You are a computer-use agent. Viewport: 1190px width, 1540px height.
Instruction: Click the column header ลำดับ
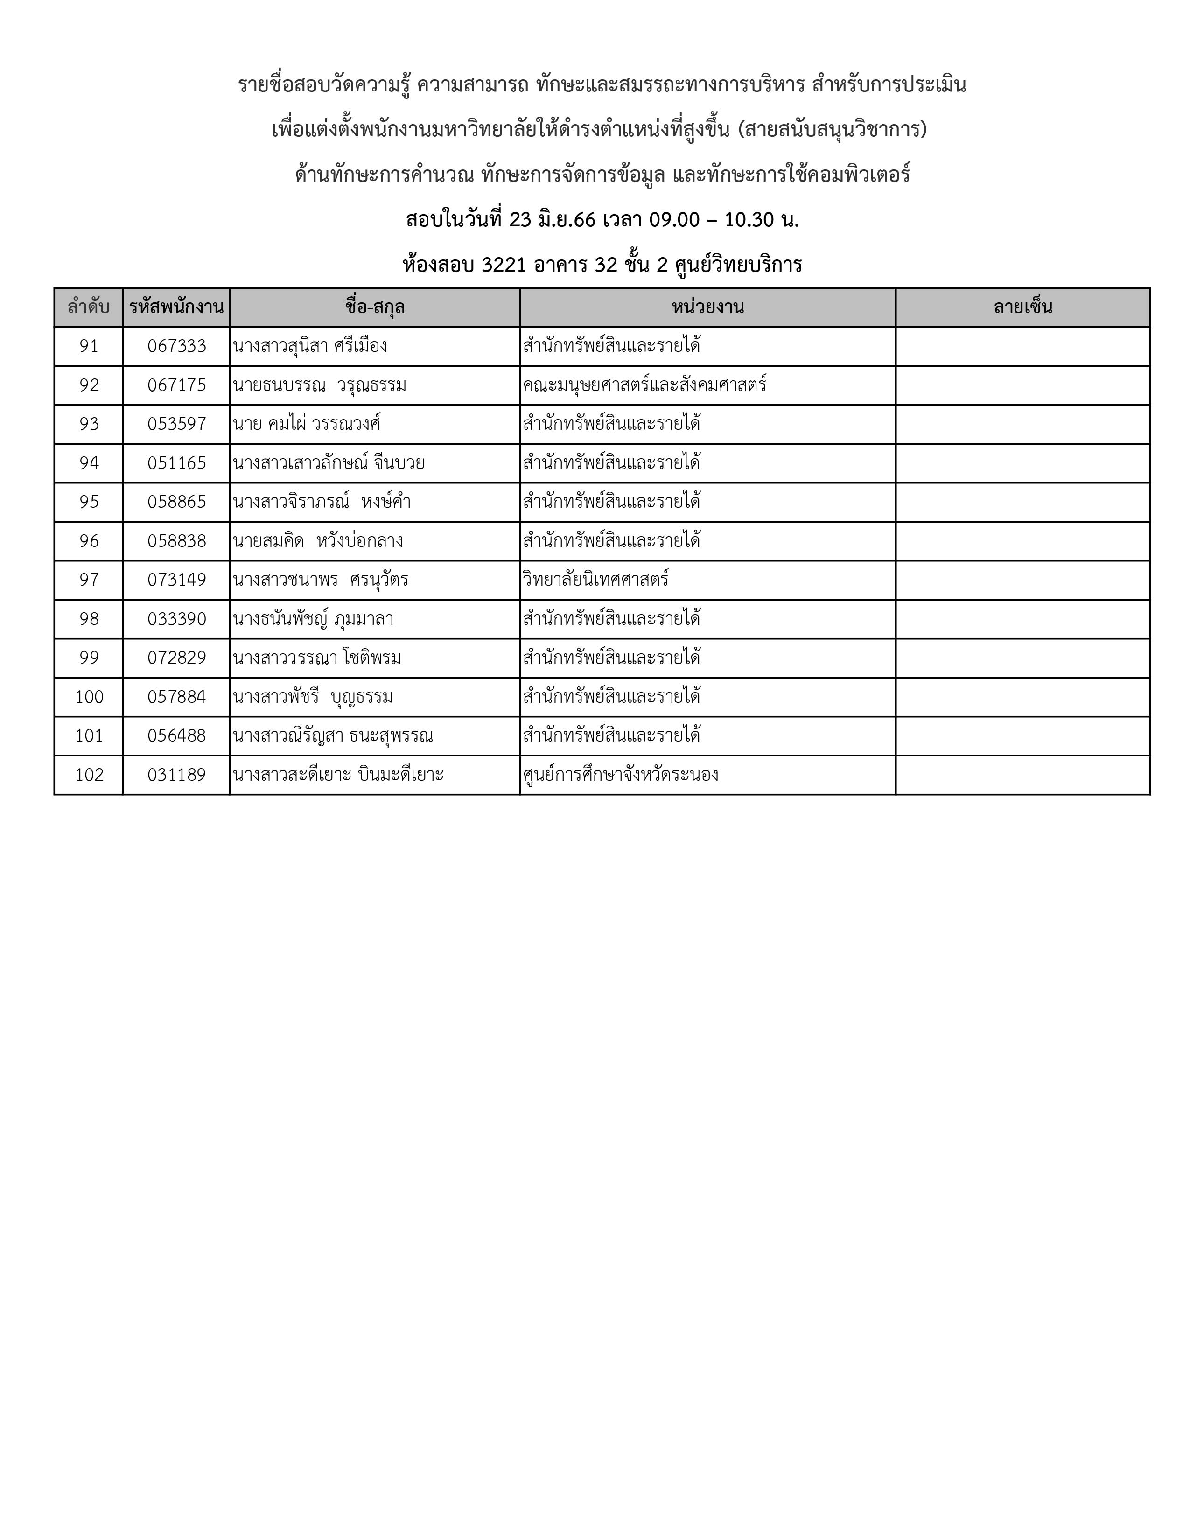point(88,308)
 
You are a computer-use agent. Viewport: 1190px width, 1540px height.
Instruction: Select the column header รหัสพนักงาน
point(176,308)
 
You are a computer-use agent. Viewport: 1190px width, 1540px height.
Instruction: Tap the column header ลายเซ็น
point(1022,308)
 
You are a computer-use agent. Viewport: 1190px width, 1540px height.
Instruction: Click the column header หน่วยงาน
point(707,308)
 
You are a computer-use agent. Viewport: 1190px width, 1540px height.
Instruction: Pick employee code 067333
point(176,346)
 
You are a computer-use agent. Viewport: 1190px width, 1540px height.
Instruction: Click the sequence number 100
point(89,697)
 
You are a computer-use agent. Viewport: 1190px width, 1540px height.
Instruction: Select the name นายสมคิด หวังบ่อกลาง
point(318,541)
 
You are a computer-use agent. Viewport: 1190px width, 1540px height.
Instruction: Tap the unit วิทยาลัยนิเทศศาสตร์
point(596,580)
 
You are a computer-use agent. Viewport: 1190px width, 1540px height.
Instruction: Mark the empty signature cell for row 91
point(1022,346)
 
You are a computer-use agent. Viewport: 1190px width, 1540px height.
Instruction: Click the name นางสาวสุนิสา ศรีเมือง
point(310,346)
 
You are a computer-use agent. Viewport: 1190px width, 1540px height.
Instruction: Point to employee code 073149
point(176,580)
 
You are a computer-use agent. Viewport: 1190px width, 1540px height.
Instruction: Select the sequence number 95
point(89,502)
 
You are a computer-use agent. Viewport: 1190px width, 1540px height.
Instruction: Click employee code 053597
point(176,424)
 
